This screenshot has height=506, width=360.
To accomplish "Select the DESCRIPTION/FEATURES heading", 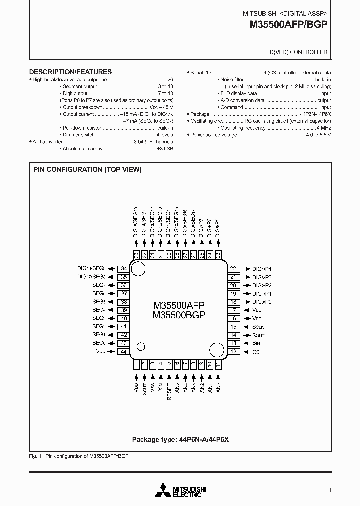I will click(x=70, y=72).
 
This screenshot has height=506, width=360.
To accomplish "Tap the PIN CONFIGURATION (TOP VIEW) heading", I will click(x=87, y=169).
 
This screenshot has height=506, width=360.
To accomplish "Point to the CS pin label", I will click(x=256, y=352).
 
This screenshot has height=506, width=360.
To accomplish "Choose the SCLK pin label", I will click(x=258, y=327).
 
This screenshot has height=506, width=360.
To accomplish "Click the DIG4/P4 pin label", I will click(x=262, y=268).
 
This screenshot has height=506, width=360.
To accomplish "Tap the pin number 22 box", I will click(x=233, y=268).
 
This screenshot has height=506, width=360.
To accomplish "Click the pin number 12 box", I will click(x=233, y=352).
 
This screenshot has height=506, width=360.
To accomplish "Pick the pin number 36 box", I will click(x=123, y=285).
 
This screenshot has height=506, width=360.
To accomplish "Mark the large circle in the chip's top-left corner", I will click(x=139, y=269).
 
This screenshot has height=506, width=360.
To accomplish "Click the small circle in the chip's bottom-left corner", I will click(x=141, y=346).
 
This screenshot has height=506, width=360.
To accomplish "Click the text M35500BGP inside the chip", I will click(x=179, y=314).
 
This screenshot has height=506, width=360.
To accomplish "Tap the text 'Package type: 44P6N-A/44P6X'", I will click(x=180, y=439).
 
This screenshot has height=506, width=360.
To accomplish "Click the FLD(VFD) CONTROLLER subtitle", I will click(x=295, y=52).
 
